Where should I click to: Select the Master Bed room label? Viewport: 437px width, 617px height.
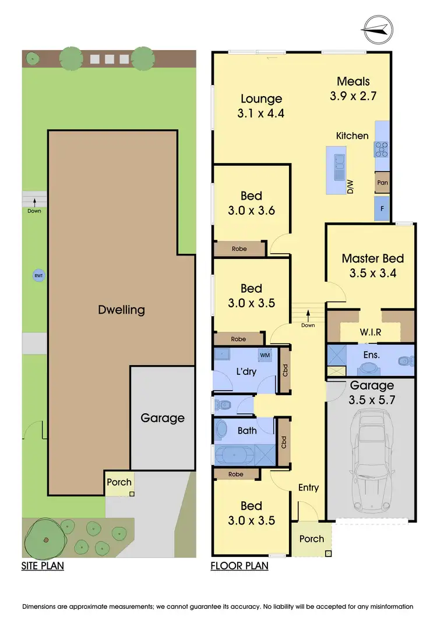point(372,258)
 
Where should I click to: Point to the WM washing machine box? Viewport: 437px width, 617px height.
point(265,355)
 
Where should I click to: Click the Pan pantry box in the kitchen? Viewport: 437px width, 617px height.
point(382,182)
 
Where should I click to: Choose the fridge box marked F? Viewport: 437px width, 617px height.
point(382,208)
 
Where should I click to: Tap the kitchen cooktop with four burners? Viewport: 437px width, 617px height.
point(382,150)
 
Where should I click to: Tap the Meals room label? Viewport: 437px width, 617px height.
point(354,81)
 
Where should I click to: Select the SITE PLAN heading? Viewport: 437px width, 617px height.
point(43,565)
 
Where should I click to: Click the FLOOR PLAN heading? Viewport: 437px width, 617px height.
point(239,565)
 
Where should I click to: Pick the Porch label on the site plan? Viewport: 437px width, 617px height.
point(119,482)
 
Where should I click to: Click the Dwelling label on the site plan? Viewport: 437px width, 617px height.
point(121,310)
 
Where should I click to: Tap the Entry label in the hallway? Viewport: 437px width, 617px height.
point(308,487)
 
